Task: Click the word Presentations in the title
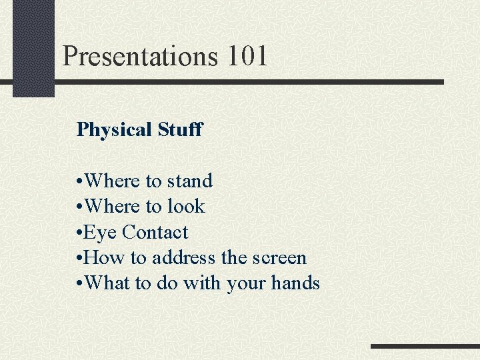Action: tap(141, 56)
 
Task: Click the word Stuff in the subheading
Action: tap(180, 129)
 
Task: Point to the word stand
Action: tap(190, 181)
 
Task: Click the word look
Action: tap(186, 207)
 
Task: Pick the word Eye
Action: tap(101, 233)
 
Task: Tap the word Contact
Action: tap(155, 232)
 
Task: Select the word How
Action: tap(103, 258)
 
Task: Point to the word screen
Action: tap(279, 258)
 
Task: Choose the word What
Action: tap(108, 283)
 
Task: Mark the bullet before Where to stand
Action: tap(80, 181)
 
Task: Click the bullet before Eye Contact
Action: tap(80, 233)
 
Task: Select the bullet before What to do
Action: tap(80, 284)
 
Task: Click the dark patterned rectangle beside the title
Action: tap(33, 48)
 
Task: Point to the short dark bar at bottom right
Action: tap(425, 346)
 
